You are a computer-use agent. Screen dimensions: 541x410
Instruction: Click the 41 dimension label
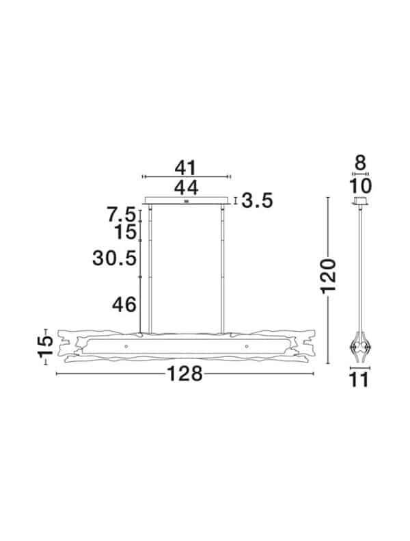pos(186,168)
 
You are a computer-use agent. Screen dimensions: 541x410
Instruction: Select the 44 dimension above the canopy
pos(186,187)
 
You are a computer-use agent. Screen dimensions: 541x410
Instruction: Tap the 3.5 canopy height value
pos(258,200)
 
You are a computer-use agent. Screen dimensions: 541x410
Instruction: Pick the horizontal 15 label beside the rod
pos(126,233)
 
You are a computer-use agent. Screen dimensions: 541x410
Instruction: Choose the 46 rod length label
pos(124,305)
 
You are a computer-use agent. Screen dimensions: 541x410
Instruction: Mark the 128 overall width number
pos(186,374)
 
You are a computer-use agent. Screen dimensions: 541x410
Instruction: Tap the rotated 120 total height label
pos(329,276)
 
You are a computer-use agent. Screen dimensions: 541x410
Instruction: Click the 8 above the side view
pos(360,164)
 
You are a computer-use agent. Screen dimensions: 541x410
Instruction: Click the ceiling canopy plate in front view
pos(187,200)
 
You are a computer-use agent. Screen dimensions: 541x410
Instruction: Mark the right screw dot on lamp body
pos(245,347)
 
